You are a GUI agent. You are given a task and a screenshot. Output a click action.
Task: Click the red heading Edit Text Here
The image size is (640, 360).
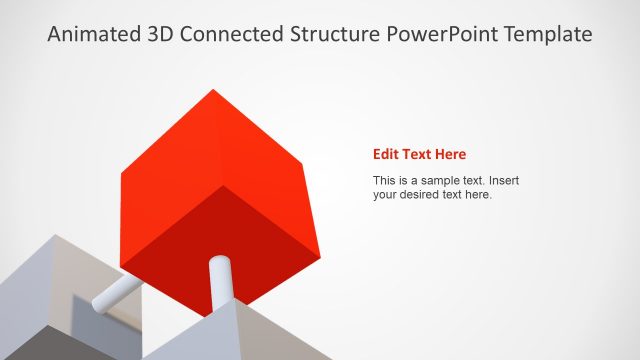(419, 154)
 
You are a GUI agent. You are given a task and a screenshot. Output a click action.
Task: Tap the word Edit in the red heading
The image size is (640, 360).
(386, 154)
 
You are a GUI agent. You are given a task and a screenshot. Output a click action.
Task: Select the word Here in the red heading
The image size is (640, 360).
(450, 154)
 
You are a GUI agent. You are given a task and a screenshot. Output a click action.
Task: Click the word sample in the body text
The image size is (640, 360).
(440, 181)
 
